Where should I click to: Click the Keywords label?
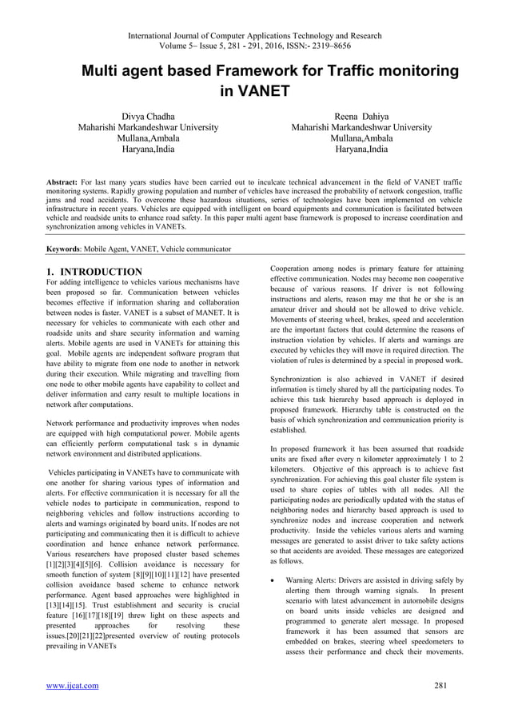point(66,249)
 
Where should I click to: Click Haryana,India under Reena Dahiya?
point(361,149)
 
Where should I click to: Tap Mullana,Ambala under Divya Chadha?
point(149,138)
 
